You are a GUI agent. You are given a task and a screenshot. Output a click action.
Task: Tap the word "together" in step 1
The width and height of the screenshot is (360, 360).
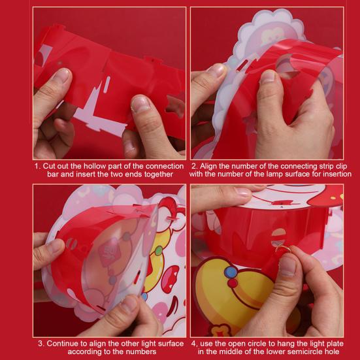157,174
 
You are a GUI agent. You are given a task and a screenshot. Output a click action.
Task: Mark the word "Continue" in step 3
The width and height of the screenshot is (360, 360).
62,343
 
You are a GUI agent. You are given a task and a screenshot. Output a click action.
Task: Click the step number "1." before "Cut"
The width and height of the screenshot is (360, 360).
37,166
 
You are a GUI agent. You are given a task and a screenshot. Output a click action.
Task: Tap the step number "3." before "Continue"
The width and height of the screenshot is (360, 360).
41,343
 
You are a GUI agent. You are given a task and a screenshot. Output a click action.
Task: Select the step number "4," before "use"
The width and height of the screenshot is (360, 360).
194,343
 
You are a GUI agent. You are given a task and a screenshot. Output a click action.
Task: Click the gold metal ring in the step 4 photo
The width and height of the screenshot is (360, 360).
282,249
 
